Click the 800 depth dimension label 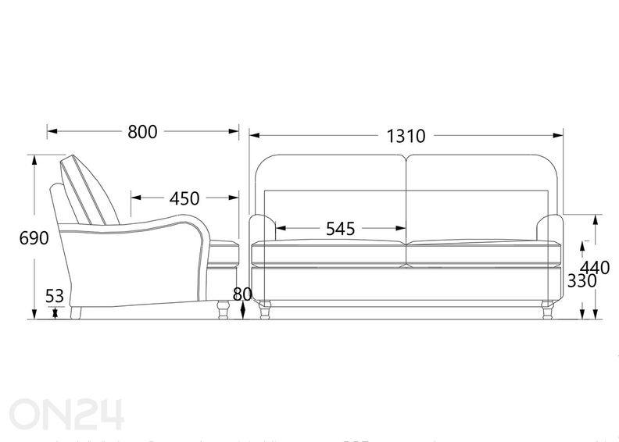(x=142, y=132)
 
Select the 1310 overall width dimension (x=406, y=136)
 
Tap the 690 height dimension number (x=34, y=238)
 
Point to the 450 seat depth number (x=184, y=198)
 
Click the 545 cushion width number (x=340, y=229)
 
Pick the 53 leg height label (x=55, y=296)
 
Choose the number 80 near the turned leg (x=242, y=294)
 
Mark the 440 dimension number (x=596, y=268)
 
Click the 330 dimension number (x=581, y=281)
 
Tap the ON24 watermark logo (x=66, y=414)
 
